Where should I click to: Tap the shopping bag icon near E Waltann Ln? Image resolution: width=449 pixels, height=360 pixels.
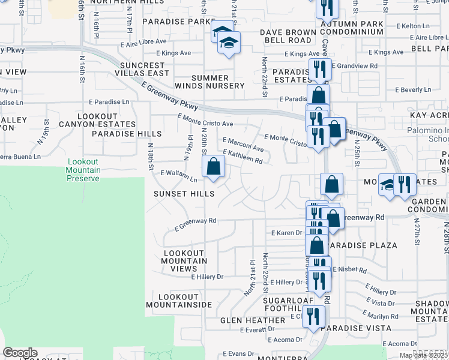pos(213,167)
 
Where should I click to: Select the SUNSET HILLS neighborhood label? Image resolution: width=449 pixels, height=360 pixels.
pos(184,194)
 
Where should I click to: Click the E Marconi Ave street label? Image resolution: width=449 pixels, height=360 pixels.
pos(243,144)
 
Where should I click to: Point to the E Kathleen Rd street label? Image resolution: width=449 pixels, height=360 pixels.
pos(243,157)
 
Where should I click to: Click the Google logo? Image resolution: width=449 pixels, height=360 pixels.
pos(20,353)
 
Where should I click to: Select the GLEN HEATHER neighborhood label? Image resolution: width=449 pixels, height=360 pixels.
pos(248,320)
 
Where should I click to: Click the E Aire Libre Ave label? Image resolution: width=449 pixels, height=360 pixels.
pos(143,41)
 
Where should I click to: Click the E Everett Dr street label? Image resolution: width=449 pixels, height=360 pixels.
pos(256,329)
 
